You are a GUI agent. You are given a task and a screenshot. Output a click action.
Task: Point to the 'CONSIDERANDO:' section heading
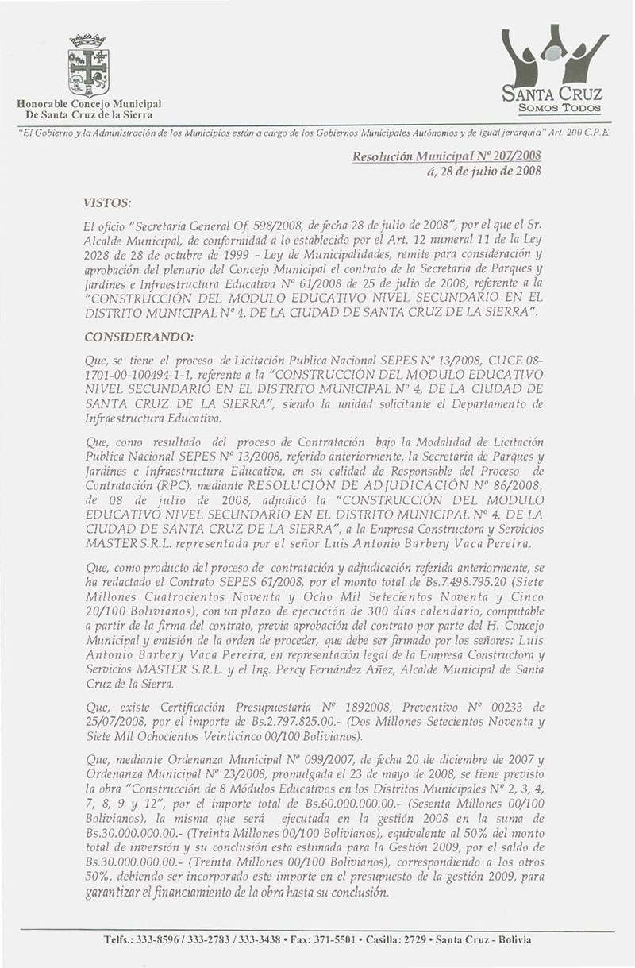click(140, 338)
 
